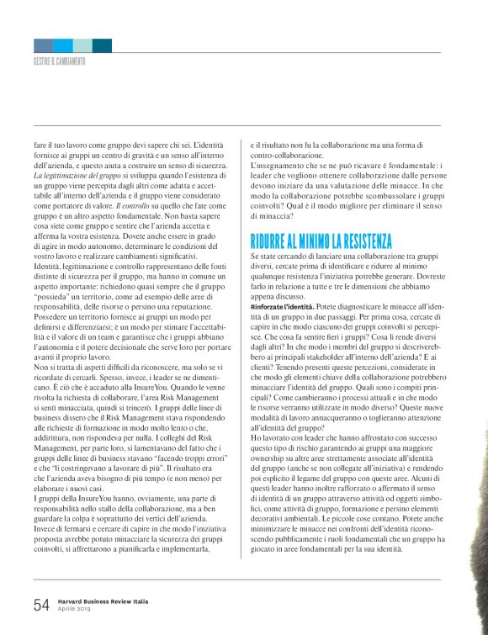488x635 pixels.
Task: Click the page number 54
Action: click(41, 605)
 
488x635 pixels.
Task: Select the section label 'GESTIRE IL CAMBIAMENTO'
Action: click(59, 61)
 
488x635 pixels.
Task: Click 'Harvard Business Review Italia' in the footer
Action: click(104, 601)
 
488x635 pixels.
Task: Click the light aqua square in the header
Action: click(82, 45)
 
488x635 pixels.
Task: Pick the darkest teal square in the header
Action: click(102, 45)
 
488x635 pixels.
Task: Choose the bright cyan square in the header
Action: click(63, 45)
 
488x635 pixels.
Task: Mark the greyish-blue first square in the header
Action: click(44, 45)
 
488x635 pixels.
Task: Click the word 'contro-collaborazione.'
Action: click(287, 156)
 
